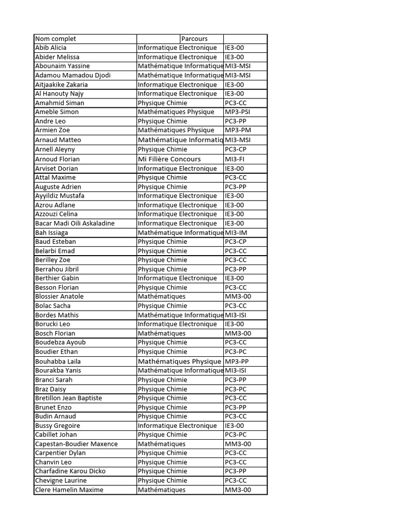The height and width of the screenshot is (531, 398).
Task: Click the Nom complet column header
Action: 55,39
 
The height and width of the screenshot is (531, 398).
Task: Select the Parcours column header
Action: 194,39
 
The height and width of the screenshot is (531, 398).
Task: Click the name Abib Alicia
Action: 51,48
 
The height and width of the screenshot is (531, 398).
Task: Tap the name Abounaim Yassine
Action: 62,66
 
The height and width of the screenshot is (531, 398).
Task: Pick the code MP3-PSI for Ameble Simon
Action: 238,112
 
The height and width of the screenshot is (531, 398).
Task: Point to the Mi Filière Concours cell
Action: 169,159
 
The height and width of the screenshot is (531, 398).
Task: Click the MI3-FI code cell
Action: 235,159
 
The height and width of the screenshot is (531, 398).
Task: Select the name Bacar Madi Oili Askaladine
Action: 75,223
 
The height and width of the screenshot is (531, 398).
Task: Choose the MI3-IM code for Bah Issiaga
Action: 236,233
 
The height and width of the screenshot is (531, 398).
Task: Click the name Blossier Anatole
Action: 59,297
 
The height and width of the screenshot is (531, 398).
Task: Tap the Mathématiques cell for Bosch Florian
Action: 162,333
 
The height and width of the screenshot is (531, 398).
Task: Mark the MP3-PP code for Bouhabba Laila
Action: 237,361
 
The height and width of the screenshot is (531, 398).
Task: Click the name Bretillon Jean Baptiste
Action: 68,398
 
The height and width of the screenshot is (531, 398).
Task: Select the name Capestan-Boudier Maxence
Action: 76,444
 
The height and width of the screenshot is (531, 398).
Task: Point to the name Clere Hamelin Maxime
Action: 69,490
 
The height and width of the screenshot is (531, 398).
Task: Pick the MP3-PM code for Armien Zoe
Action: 238,130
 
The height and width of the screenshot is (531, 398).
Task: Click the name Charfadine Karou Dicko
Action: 70,471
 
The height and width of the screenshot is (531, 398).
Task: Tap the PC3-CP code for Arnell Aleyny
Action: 236,149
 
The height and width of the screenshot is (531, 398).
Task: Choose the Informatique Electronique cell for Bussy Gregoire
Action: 177,426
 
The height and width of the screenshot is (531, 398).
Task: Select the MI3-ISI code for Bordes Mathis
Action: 236,315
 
